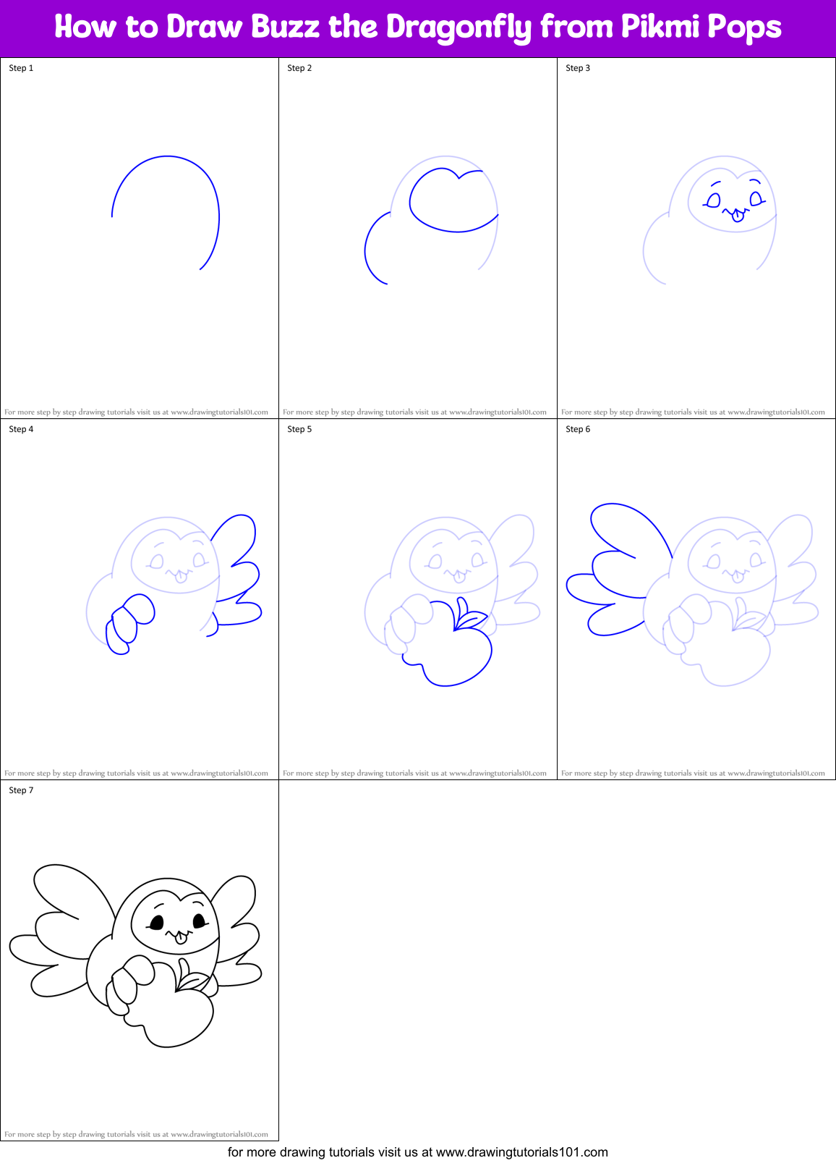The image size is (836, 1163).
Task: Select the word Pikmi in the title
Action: (x=660, y=28)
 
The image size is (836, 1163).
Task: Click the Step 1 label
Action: (x=21, y=68)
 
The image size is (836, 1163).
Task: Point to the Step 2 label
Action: (x=299, y=68)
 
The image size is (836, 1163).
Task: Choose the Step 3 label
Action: (x=578, y=68)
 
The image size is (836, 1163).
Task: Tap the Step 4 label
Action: (x=21, y=429)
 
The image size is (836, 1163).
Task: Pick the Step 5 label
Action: (x=299, y=429)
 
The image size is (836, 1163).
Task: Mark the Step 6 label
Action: (x=578, y=429)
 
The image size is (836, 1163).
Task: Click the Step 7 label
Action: (x=21, y=790)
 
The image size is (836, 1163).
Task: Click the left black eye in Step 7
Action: (x=155, y=922)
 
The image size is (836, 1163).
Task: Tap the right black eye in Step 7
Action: (x=200, y=921)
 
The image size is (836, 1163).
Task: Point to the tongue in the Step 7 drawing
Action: (x=181, y=939)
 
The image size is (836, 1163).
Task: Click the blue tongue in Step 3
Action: (x=738, y=216)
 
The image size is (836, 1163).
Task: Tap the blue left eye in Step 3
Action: (x=713, y=200)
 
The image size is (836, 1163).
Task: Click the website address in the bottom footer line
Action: (x=521, y=1152)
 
